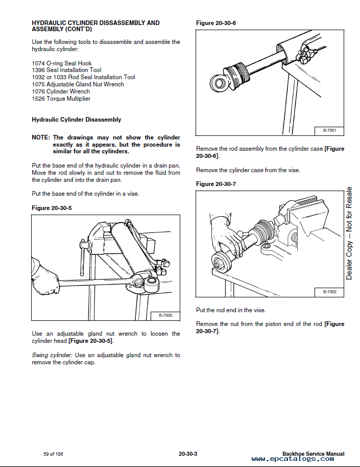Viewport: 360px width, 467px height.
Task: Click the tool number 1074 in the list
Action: tap(38, 63)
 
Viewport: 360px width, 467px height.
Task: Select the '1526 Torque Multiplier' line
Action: tap(61, 99)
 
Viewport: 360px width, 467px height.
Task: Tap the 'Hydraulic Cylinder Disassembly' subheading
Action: tap(77, 120)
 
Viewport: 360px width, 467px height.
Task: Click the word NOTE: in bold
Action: tap(41, 137)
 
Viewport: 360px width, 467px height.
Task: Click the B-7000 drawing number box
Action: tap(165, 316)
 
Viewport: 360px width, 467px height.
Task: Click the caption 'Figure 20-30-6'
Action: tap(216, 23)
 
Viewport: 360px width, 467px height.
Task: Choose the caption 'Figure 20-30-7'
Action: tap(216, 183)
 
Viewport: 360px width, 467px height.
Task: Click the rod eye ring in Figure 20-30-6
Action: tap(217, 82)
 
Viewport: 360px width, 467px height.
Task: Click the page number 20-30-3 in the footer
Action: tap(188, 454)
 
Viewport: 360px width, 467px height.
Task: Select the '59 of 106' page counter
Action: tap(53, 454)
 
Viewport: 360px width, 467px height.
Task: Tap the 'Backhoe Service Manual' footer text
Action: tap(313, 454)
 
